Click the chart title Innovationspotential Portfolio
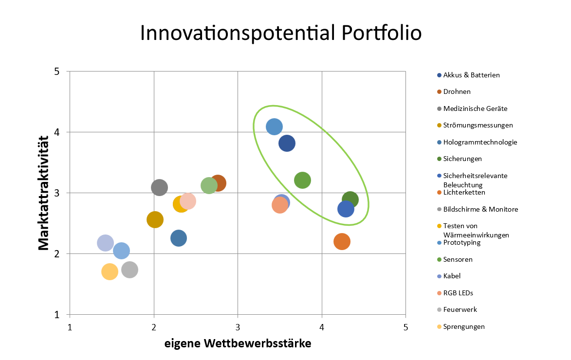click(x=281, y=33)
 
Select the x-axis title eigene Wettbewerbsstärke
click(x=238, y=343)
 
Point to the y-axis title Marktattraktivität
click(x=44, y=193)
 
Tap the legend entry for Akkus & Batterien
click(x=468, y=75)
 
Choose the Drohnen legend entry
click(x=454, y=92)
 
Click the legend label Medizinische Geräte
click(x=472, y=108)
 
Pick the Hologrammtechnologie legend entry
click(x=477, y=142)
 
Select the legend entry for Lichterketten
click(x=461, y=192)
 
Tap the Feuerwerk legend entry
click(x=457, y=309)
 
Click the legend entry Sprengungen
click(x=460, y=326)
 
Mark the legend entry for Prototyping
click(x=459, y=242)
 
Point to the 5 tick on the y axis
click(x=57, y=72)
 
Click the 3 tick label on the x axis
click(x=238, y=327)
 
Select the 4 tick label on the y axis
click(x=57, y=132)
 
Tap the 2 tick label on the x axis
click(x=154, y=327)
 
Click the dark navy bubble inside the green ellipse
click(x=287, y=143)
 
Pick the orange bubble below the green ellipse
click(x=342, y=242)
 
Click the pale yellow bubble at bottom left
click(x=110, y=271)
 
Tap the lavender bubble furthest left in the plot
click(x=105, y=243)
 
